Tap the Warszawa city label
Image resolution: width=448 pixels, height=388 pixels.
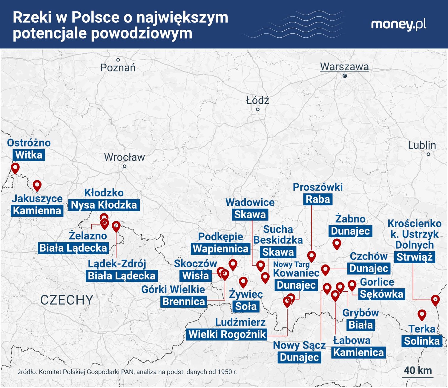(344, 67)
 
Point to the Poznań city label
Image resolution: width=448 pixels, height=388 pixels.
(118, 68)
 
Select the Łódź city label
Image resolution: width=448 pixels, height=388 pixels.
(257, 101)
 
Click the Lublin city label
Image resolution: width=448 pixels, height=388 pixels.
(422, 145)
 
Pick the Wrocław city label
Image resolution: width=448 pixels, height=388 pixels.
(124, 157)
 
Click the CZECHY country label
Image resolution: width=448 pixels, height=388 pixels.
(67, 300)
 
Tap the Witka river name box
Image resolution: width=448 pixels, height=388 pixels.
(29, 155)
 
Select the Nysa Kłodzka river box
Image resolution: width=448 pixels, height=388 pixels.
(104, 205)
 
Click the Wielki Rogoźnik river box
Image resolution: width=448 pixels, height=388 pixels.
(227, 334)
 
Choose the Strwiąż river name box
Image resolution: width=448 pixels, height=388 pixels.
(415, 257)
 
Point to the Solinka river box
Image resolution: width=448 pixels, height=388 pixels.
(422, 341)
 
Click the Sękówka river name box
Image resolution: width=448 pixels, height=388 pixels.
(382, 294)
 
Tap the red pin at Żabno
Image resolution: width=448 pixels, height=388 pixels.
(337, 244)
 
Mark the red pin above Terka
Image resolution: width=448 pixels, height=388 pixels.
(422, 314)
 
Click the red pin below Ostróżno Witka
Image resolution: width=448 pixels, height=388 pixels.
(15, 168)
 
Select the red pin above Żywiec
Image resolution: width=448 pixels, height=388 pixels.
(243, 281)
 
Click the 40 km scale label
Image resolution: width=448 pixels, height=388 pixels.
(418, 370)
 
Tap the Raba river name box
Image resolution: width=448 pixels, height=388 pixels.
(317, 199)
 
